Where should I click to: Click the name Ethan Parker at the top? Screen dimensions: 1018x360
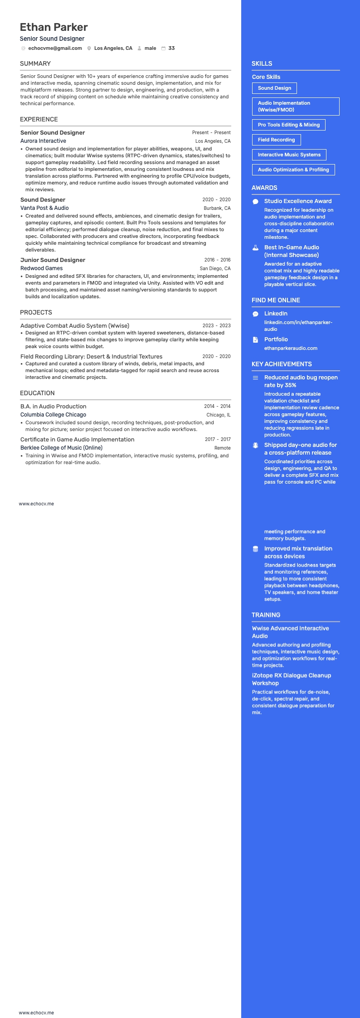54,27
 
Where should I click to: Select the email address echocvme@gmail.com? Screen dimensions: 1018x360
55,48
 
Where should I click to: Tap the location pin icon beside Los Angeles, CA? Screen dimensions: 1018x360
89,48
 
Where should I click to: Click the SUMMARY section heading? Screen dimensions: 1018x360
35,63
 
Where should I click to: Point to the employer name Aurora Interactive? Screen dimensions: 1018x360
43,141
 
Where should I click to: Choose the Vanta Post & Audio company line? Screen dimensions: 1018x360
44,208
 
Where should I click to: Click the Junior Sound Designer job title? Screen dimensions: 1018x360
53,260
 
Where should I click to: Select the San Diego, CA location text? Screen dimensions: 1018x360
215,268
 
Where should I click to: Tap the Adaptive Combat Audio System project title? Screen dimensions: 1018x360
75,325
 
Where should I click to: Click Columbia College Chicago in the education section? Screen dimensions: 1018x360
53,415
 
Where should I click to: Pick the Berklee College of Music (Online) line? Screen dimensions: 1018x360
61,448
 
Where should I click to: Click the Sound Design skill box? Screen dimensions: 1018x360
274,88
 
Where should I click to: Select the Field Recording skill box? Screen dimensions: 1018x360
276,140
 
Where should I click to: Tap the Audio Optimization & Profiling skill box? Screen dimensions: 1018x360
293,170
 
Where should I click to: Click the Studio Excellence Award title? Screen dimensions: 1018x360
298,201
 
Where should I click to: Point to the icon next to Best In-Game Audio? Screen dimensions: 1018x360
255,247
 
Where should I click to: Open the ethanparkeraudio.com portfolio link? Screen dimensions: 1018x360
291,348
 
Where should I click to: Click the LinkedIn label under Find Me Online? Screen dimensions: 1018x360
276,314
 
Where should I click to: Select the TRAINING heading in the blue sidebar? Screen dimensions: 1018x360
266,615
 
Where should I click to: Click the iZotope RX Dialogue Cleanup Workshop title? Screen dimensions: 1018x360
292,679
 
